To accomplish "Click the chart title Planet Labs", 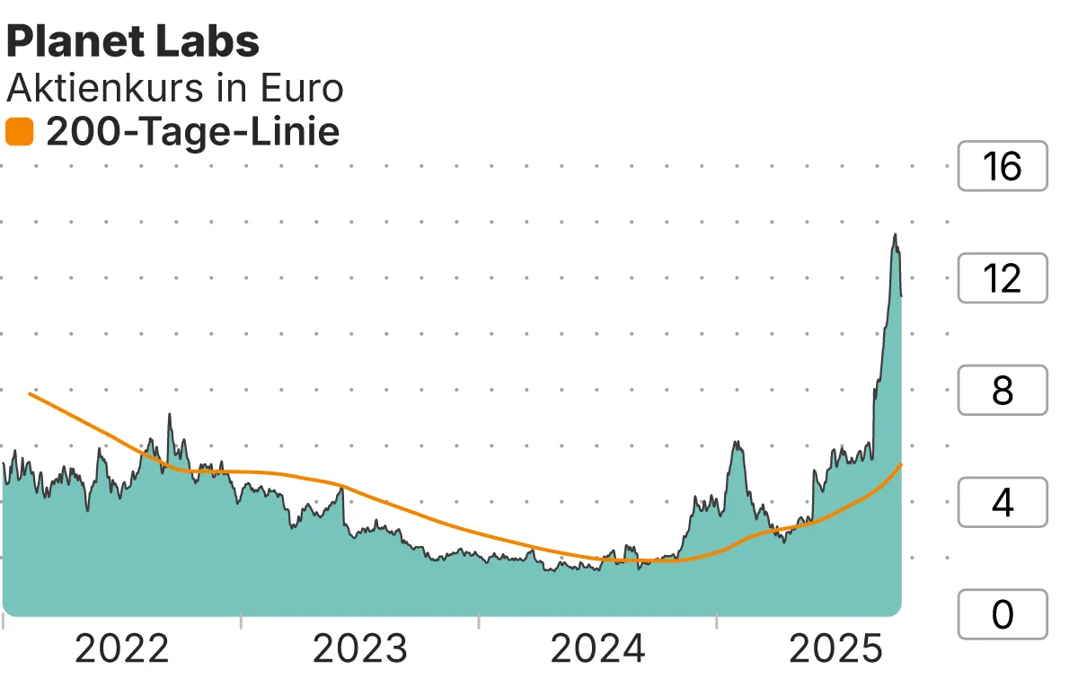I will coord(133,41).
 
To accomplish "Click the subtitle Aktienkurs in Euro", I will coord(175,89).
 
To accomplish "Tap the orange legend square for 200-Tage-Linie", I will coord(19,133).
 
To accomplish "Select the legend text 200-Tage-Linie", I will coord(192,133).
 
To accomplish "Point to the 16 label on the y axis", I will coord(1003,166).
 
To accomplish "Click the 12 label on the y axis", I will coord(1003,278).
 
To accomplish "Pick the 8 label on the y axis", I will coord(1003,391).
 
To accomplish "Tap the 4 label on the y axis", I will coord(1003,503).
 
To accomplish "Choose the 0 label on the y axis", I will coord(1003,614).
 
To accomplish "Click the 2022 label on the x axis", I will coord(122,648).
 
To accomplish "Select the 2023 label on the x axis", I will coord(360,648).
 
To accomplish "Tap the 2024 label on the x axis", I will coord(598,648).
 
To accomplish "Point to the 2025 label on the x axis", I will coord(836,648).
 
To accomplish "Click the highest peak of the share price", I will coord(895,235).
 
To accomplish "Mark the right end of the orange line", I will coord(901,464).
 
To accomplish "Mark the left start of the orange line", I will coord(30,393).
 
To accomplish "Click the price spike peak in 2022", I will coord(169,415).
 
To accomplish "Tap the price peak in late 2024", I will coord(736,442).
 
